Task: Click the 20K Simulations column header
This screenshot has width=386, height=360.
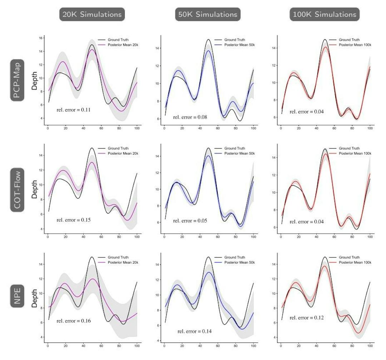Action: (x=92, y=14)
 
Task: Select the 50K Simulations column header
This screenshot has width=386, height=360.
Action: (x=208, y=14)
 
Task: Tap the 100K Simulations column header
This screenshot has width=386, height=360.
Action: (x=325, y=14)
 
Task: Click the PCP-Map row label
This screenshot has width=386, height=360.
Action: (x=17, y=81)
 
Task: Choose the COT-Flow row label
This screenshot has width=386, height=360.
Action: (x=17, y=189)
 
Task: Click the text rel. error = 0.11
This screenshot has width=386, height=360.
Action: (x=73, y=110)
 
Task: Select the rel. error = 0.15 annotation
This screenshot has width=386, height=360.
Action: (x=73, y=220)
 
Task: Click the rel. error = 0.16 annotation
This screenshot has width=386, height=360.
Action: (x=73, y=321)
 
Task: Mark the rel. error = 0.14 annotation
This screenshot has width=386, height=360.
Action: (x=194, y=331)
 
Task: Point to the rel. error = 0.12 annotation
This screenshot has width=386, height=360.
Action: (x=306, y=317)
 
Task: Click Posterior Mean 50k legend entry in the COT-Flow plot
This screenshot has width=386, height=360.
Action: (x=235, y=153)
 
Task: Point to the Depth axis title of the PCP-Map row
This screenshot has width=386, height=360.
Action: (x=35, y=81)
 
